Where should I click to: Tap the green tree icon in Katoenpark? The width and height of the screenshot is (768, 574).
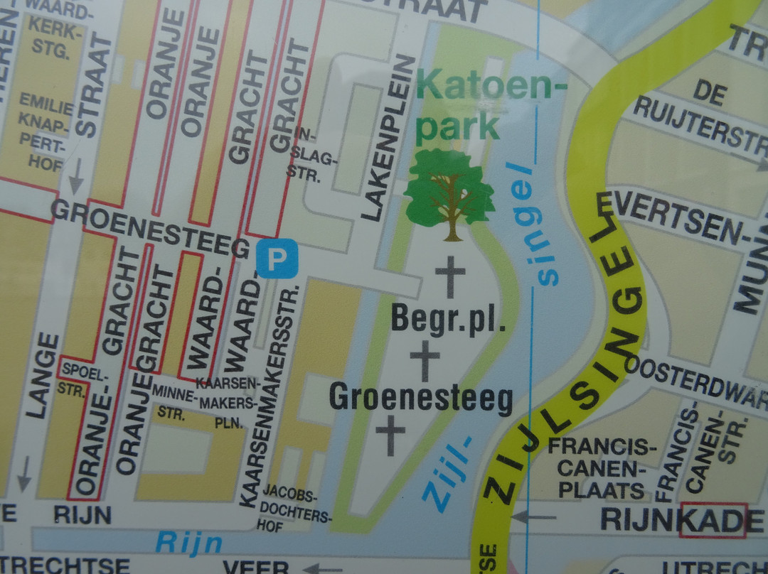pyautogui.click(x=449, y=194)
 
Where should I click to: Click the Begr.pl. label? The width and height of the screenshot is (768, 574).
pyautogui.click(x=448, y=320)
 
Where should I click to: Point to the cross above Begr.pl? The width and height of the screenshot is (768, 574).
pyautogui.click(x=450, y=277)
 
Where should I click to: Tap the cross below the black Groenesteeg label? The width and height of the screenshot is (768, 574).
pyautogui.click(x=390, y=435)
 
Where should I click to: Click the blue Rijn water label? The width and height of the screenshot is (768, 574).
pyautogui.click(x=188, y=543)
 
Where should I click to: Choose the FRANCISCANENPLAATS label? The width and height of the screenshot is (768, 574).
pyautogui.click(x=602, y=468)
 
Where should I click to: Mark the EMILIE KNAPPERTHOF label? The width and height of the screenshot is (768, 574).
pyautogui.click(x=46, y=131)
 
